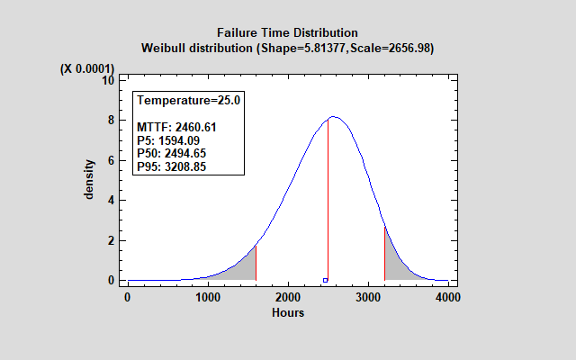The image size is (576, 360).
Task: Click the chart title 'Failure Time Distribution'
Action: [x=287, y=33]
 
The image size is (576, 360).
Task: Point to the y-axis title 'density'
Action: [x=90, y=181]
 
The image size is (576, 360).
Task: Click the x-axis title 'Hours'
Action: [x=287, y=313]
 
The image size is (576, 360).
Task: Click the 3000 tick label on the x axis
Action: [x=367, y=297]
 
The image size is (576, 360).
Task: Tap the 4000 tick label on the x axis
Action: [x=447, y=297]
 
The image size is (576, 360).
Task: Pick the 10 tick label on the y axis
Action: [x=108, y=80]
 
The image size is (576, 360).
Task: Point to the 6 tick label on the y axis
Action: [x=111, y=160]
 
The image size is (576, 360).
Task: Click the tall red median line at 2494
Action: [x=328, y=198]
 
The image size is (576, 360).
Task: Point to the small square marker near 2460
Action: [x=325, y=280]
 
